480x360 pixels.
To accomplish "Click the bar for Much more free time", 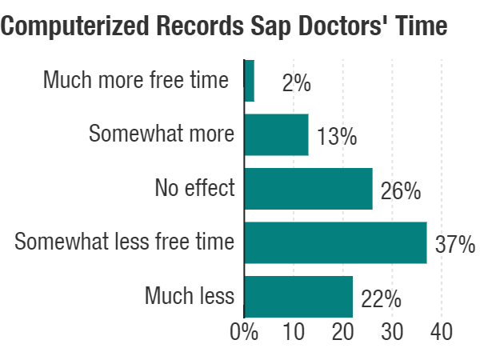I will tap(249, 81).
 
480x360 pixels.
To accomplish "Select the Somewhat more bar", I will tap(276, 134).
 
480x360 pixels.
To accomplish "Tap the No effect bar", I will tap(308, 189).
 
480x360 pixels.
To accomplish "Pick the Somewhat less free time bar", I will tap(335, 242).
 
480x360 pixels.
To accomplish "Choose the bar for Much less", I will tap(298, 297).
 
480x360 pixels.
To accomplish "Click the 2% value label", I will tap(296, 83).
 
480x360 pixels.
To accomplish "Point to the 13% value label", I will tap(337, 137).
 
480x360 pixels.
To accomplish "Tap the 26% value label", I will tap(401, 191).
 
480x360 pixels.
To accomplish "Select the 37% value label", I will tap(455, 245).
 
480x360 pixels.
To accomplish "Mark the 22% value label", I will tap(382, 299).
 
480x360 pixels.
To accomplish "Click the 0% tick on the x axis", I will tap(244, 333).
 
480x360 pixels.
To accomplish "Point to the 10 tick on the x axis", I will tap(294, 333).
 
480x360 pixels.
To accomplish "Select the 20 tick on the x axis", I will tap(342, 333).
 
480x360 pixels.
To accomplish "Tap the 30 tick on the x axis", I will tap(392, 333).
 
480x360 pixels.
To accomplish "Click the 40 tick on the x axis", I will tap(441, 333).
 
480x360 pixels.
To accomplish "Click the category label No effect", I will tap(194, 189).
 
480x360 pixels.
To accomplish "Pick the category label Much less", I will tap(190, 297).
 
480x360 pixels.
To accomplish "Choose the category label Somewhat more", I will tap(162, 134).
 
